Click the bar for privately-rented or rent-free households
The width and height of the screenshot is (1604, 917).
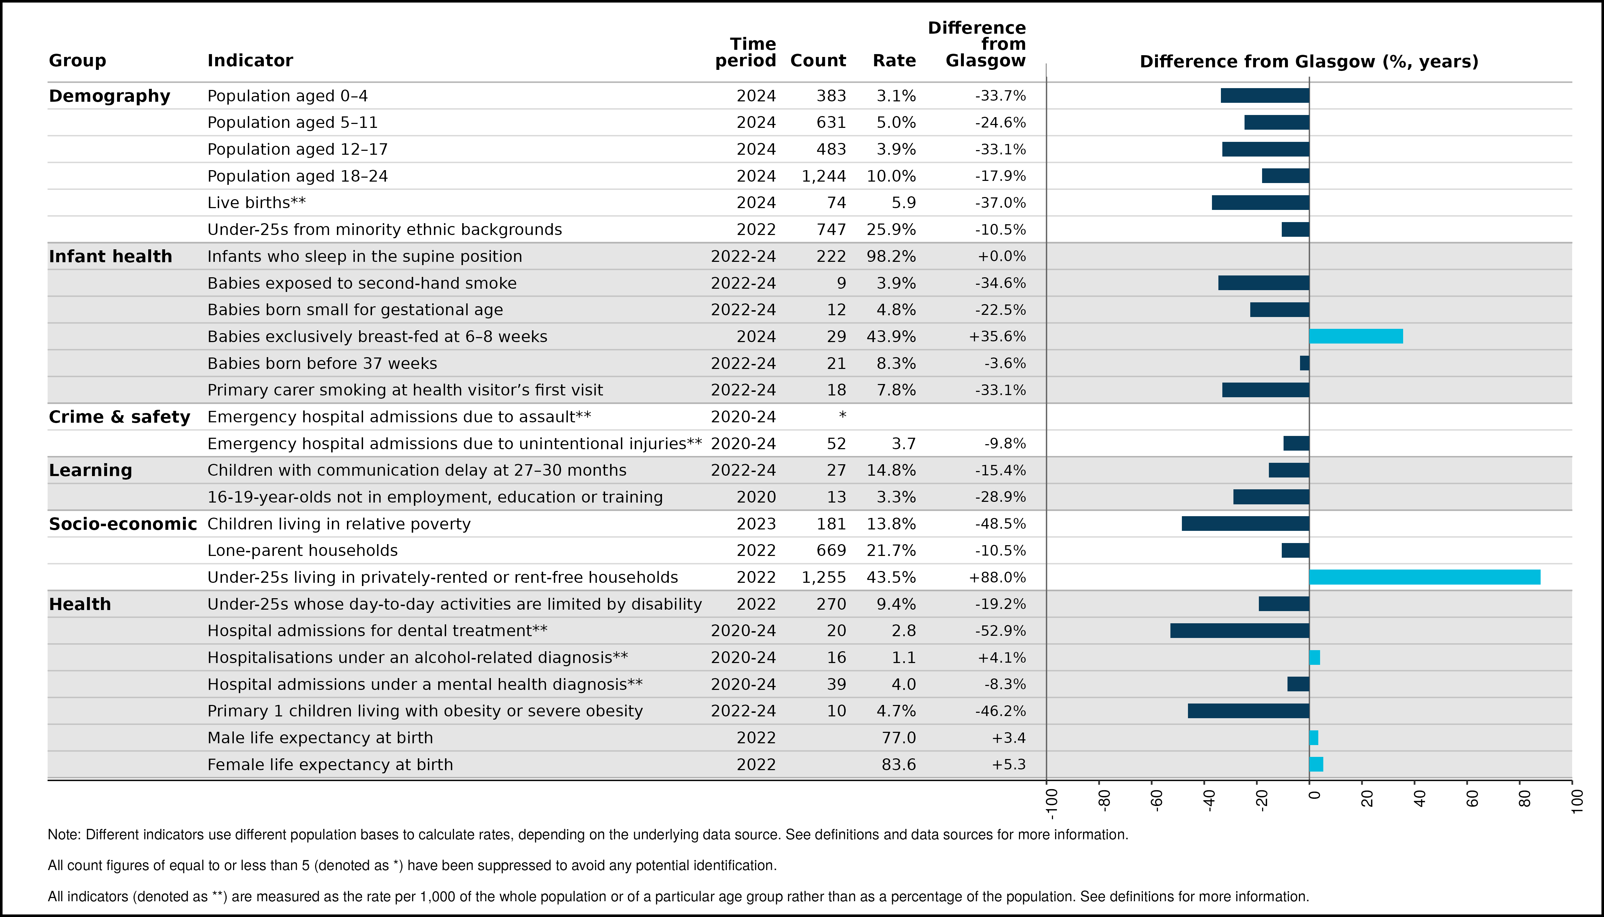click(x=1425, y=577)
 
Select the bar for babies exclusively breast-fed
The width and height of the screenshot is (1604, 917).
click(x=1356, y=336)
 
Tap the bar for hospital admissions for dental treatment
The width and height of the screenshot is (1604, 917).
click(x=1240, y=630)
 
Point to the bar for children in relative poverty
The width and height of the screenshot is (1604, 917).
click(x=1245, y=523)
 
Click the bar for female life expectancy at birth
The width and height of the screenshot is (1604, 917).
click(x=1316, y=764)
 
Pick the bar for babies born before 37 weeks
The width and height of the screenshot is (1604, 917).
click(x=1304, y=363)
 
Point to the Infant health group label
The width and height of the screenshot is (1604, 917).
click(x=110, y=256)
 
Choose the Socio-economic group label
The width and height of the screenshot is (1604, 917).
click(x=123, y=524)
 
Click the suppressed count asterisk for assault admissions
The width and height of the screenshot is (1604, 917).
click(x=842, y=416)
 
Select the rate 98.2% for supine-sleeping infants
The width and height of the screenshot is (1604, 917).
click(x=892, y=256)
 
